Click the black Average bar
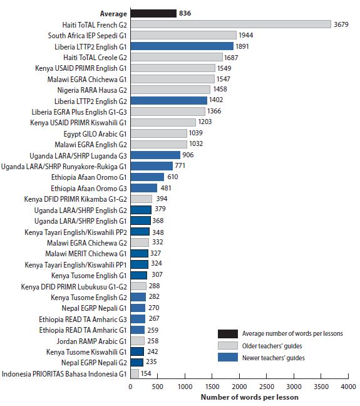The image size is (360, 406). coord(153,13)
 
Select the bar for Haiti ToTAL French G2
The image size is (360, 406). coord(230,24)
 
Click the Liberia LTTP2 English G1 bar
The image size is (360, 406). coord(182,46)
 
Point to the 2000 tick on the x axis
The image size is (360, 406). coord(239,387)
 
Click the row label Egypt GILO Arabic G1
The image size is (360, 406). coord(95,133)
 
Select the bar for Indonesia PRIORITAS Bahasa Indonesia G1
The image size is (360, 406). coord(135,373)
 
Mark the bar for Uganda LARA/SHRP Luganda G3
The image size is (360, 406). coord(155,155)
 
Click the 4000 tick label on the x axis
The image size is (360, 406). coord(348,387)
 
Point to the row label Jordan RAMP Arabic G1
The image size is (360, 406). coord(92,341)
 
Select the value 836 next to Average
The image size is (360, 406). coord(186,13)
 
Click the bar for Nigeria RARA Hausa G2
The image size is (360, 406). coord(170,90)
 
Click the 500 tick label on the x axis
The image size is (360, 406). coord(158,387)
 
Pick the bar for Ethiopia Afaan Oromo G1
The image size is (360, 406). coord(147,177)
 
